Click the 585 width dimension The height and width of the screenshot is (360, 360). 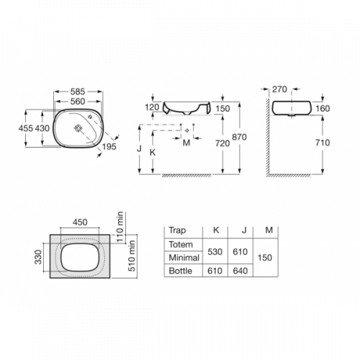click(x=78, y=91)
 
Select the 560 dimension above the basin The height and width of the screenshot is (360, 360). click(x=78, y=102)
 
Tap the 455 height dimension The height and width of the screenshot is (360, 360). click(x=26, y=128)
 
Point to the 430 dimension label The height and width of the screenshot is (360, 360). click(x=42, y=128)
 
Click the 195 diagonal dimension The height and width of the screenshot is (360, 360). click(x=109, y=147)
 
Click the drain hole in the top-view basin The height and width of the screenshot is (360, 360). click(x=78, y=128)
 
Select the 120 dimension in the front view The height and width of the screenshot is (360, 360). click(x=152, y=107)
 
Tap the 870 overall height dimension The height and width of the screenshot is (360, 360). click(x=239, y=137)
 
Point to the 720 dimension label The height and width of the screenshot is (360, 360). click(x=222, y=143)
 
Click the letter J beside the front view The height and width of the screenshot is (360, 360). click(x=139, y=148)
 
